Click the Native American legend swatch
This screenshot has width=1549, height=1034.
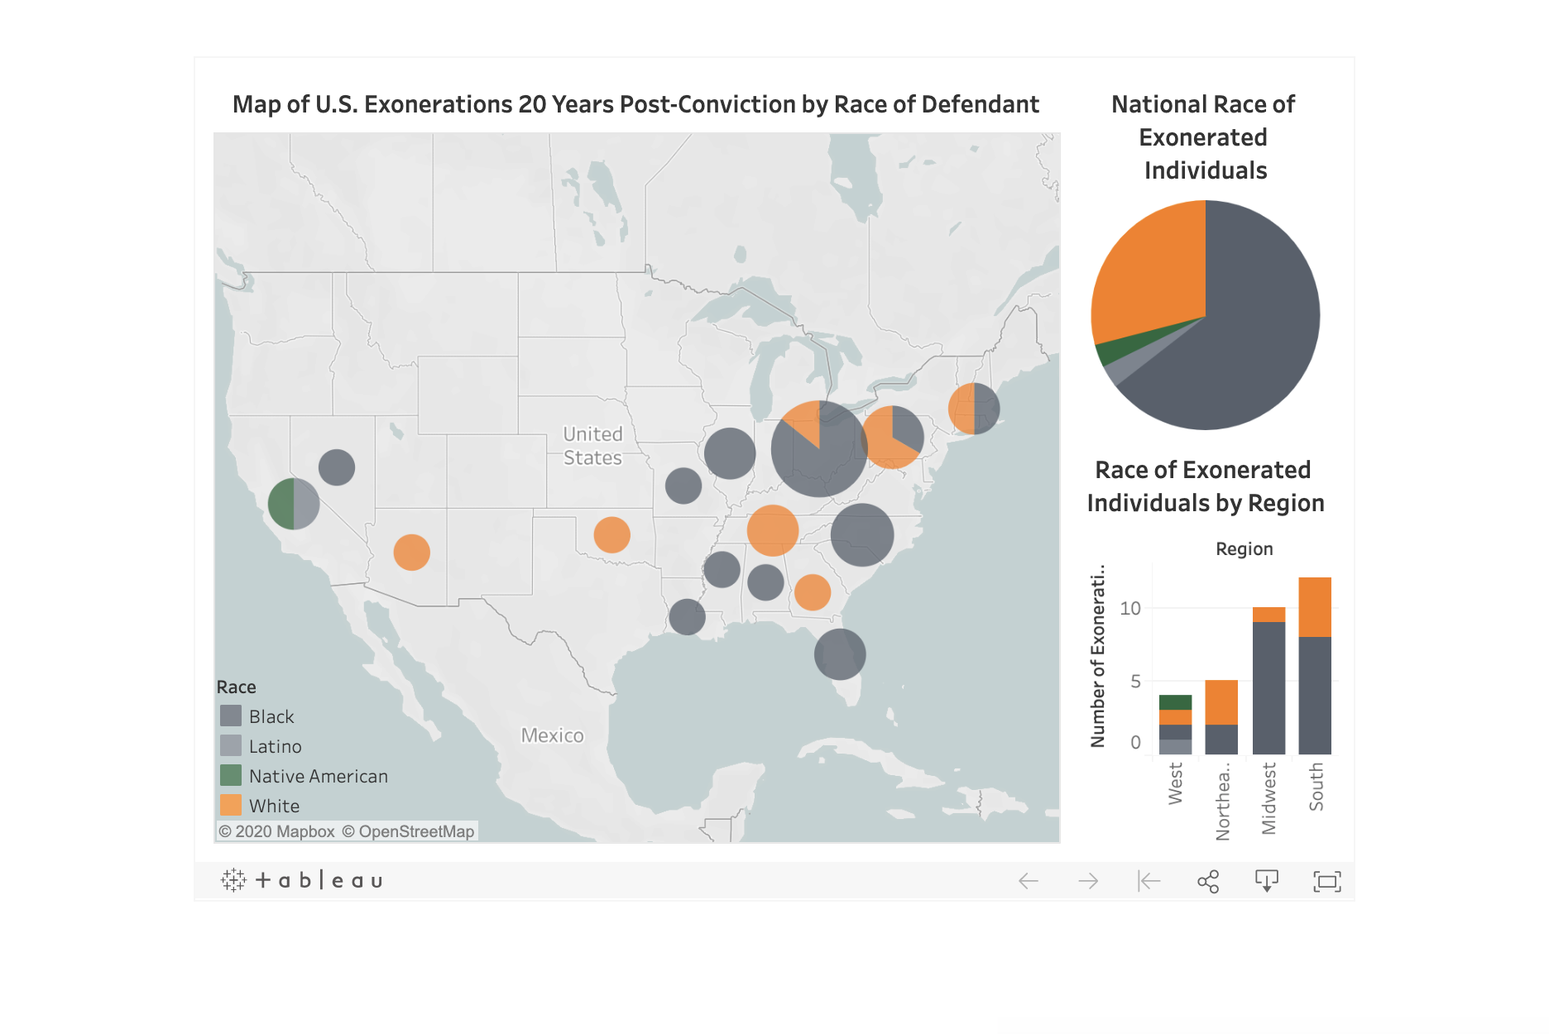pos(231,775)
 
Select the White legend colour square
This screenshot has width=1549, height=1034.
pos(231,805)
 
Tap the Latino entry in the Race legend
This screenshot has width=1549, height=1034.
pos(275,746)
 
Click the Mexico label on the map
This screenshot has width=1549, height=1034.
pos(552,735)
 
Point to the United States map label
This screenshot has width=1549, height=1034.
pos(592,446)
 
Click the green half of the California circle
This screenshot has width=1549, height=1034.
pos(281,504)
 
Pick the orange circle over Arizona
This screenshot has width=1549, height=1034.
pos(411,552)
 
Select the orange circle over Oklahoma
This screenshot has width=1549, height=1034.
pos(611,534)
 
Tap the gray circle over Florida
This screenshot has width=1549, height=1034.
pos(840,654)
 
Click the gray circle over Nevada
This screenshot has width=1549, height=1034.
pos(337,467)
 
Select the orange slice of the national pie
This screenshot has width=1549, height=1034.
pos(1150,273)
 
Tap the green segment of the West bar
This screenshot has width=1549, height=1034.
pos(1175,702)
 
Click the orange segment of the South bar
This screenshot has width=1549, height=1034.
pos(1315,606)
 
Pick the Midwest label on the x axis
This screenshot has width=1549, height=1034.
pos(1268,798)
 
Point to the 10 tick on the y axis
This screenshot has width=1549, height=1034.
pos(1129,608)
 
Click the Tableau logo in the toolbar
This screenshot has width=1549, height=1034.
pos(302,880)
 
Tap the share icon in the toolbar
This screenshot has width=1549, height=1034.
pos(1208,881)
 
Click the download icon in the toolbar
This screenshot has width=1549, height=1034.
pos(1267,881)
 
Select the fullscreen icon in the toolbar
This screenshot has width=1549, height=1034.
pos(1327,881)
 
